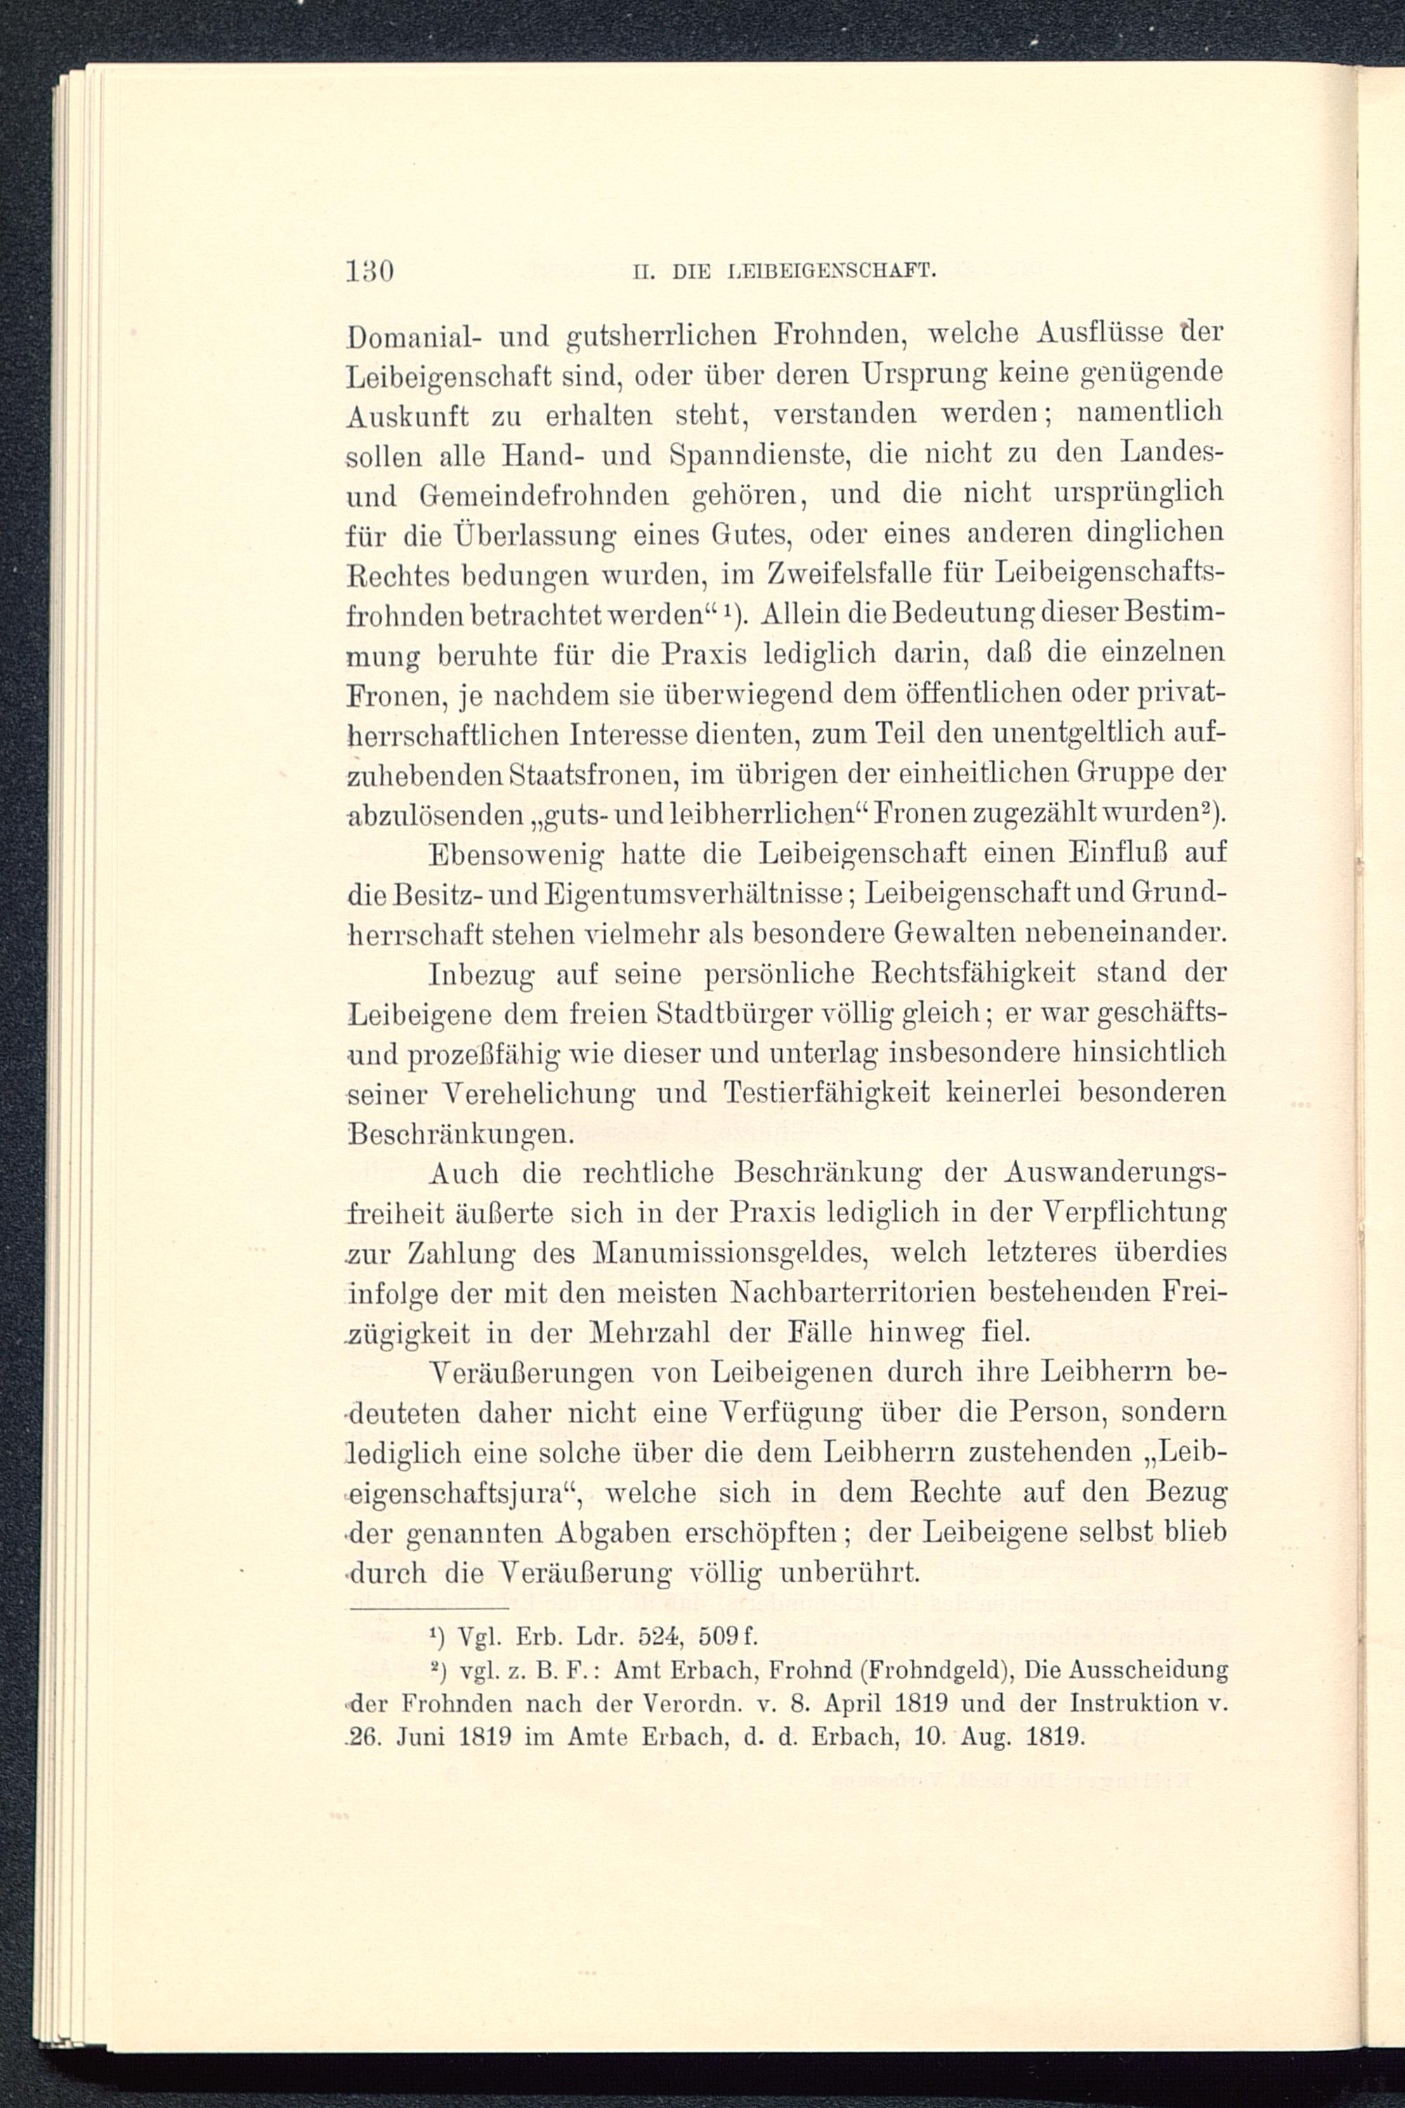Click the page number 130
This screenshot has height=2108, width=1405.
tap(370, 270)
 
